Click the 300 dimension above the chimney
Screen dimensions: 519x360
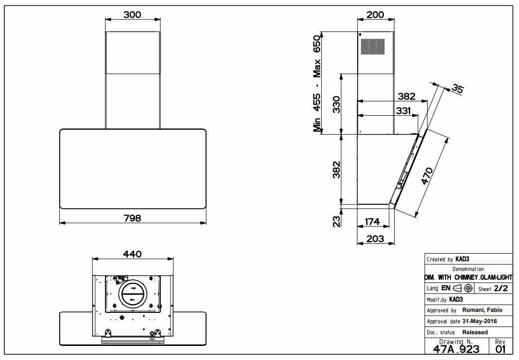132,15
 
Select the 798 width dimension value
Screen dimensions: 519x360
132,218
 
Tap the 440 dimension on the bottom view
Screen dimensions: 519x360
132,254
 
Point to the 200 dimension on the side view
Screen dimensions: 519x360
375,15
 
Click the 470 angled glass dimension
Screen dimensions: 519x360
426,176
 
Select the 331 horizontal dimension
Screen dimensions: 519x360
403,110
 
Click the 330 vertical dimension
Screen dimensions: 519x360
336,104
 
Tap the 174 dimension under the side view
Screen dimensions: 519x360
372,222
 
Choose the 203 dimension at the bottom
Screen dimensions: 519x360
375,239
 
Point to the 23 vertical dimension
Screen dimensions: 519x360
336,221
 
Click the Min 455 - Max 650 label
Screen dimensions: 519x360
317,84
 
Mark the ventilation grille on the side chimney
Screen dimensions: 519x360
372,46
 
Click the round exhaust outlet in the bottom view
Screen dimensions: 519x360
132,293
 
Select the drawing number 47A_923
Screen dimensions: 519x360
456,349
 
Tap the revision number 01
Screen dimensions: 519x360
501,349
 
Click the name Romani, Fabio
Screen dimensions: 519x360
482,310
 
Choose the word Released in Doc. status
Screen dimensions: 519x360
475,332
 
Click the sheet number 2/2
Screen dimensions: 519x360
501,288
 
